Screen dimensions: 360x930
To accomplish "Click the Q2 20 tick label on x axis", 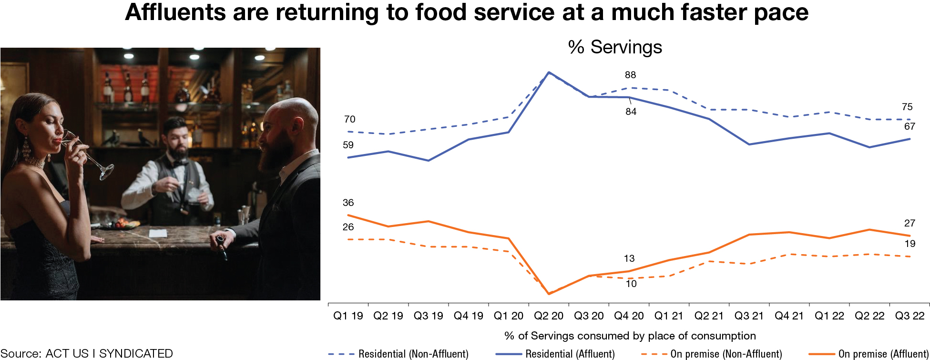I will click(548, 316).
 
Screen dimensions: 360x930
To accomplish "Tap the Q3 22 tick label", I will click(910, 316).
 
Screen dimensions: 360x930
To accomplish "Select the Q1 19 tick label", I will click(348, 316).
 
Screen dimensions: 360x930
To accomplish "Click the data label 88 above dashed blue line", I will click(630, 75).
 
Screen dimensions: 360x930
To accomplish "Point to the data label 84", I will click(631, 112).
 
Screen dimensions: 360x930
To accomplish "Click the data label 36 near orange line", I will click(348, 203).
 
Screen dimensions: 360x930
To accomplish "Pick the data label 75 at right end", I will click(907, 107).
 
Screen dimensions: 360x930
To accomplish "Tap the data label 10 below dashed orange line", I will click(631, 284).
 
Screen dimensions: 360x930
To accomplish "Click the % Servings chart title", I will click(615, 47).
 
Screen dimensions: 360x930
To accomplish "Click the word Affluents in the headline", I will click(175, 13).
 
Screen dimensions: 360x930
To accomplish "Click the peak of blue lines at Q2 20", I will click(549, 72).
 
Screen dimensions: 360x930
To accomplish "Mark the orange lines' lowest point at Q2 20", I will click(549, 294).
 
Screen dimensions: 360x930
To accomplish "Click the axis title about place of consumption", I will click(630, 336).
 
